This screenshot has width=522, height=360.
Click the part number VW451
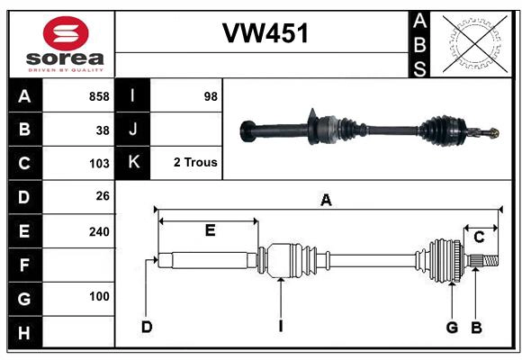click(x=265, y=34)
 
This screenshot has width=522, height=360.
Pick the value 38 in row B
click(x=102, y=130)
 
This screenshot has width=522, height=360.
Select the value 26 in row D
click(x=102, y=197)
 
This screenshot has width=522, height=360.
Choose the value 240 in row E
click(x=98, y=231)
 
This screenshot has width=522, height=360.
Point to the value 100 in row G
click(x=98, y=297)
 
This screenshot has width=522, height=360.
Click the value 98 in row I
click(x=211, y=96)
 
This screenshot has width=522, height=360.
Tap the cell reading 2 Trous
click(x=195, y=164)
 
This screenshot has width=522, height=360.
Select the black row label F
click(x=24, y=265)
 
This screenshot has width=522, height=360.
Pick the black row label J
click(x=133, y=130)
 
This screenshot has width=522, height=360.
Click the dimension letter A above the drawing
click(x=326, y=201)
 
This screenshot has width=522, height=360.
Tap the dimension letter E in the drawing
click(x=209, y=230)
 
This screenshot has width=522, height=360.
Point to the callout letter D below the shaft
click(x=146, y=327)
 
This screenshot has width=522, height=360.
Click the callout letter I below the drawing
click(x=281, y=327)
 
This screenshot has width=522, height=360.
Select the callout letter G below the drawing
click(x=452, y=327)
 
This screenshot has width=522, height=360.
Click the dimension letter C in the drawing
click(x=479, y=237)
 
